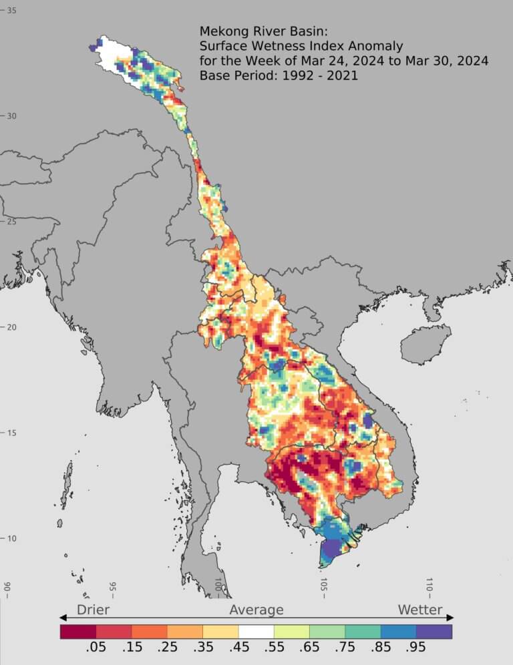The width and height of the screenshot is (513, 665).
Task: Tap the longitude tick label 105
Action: click(324, 585)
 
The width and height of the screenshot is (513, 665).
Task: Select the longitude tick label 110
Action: click(430, 585)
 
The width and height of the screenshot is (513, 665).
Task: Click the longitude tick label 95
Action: click(113, 588)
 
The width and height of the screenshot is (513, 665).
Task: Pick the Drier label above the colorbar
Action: click(93, 610)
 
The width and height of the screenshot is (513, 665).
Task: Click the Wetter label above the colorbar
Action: click(420, 610)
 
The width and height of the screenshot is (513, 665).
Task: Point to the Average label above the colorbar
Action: click(256, 610)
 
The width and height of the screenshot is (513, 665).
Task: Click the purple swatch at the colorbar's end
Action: click(434, 631)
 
